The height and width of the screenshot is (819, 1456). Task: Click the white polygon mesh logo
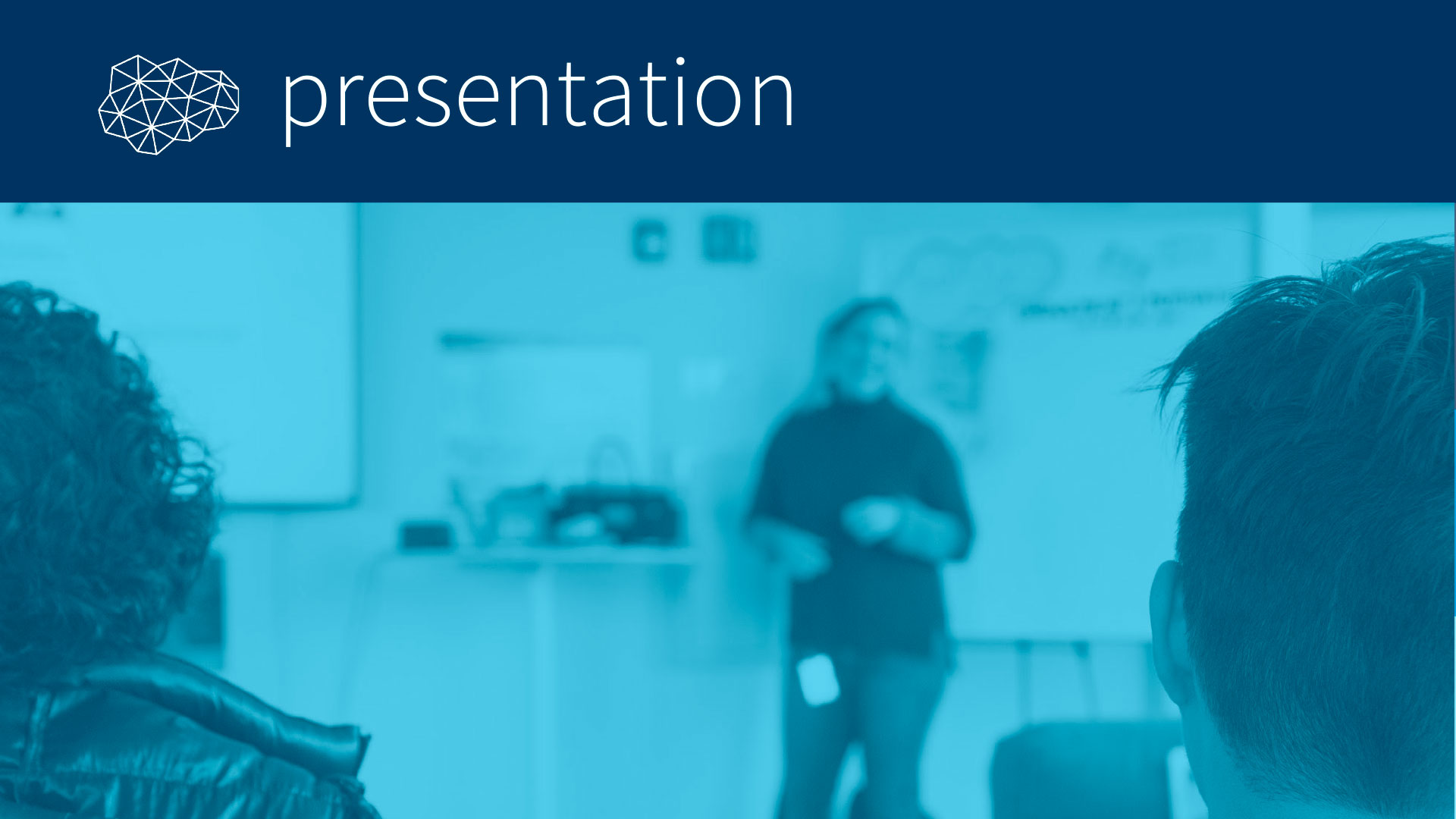coord(168,105)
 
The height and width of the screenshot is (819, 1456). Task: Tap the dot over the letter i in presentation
coord(680,61)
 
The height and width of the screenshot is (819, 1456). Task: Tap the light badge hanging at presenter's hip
coord(817,679)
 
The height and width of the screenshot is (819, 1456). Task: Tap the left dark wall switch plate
coord(650,241)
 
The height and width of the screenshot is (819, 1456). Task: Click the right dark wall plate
coord(728,239)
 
